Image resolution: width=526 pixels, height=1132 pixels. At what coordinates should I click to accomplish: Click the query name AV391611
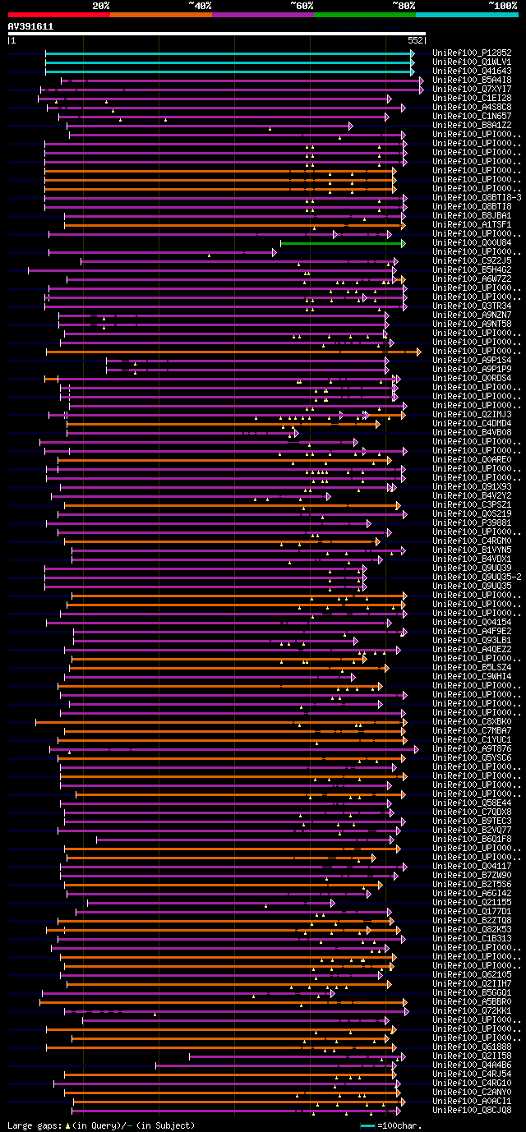click(x=30, y=26)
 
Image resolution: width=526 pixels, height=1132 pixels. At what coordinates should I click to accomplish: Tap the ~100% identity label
click(x=502, y=6)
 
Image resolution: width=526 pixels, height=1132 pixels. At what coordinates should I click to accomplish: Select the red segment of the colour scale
click(x=58, y=14)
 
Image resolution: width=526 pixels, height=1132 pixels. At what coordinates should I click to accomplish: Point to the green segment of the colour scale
click(x=364, y=14)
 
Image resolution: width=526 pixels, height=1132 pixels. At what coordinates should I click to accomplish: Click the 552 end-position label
click(x=415, y=39)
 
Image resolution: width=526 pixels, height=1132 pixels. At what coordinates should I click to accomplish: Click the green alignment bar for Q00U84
click(x=341, y=243)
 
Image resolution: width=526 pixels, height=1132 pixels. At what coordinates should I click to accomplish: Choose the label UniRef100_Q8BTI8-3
click(x=477, y=198)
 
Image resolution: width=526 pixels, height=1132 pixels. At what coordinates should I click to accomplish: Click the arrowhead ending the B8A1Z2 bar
click(x=350, y=126)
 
